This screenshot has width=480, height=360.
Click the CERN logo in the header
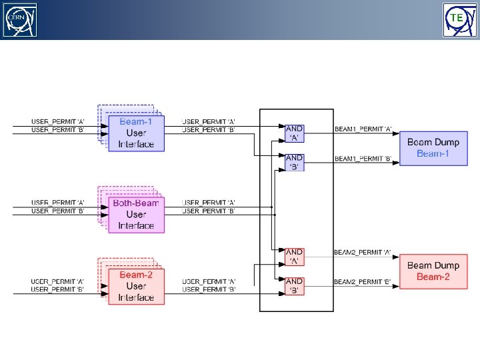pyautogui.click(x=21, y=19)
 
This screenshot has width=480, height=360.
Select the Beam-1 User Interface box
pyautogui.click(x=136, y=133)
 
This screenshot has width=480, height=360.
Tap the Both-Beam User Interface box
pyautogui.click(x=136, y=214)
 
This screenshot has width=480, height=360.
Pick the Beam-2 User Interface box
pyautogui.click(x=136, y=286)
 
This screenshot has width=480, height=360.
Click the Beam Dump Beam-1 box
pyautogui.click(x=433, y=148)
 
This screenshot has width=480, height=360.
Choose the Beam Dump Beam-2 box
pyautogui.click(x=433, y=271)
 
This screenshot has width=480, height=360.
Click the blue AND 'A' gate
pyautogui.click(x=294, y=133)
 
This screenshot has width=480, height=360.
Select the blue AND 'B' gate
pyautogui.click(x=294, y=162)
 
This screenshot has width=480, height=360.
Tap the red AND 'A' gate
pyautogui.click(x=294, y=257)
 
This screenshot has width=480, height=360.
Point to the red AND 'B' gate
pyautogui.click(x=294, y=286)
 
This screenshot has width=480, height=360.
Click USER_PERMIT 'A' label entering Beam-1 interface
pyautogui.click(x=58, y=121)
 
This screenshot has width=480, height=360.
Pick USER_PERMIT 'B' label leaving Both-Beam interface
pyautogui.click(x=209, y=211)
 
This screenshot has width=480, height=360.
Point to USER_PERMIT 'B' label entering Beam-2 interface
pyautogui.click(x=58, y=290)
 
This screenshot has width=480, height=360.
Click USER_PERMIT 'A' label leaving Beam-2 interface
pyautogui.click(x=209, y=282)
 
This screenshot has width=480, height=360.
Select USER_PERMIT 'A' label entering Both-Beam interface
pyautogui.click(x=58, y=202)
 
